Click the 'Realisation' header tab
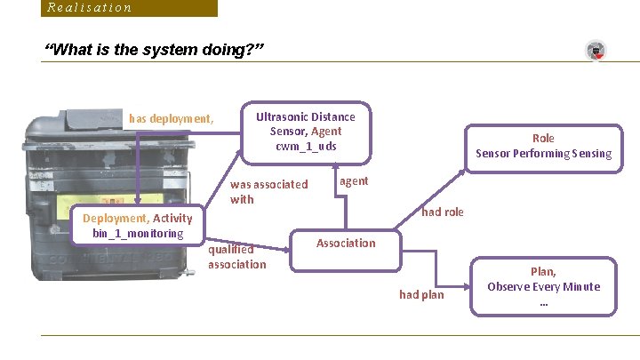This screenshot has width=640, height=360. pyautogui.click(x=90, y=8)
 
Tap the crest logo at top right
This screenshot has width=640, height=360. pyautogui.click(x=596, y=51)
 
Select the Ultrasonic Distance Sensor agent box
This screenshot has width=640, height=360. pyautogui.click(x=305, y=132)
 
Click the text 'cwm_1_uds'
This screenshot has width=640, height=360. pyautogui.click(x=305, y=146)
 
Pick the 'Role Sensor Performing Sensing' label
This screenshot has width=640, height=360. pyautogui.click(x=543, y=146)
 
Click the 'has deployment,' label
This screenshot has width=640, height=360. pyautogui.click(x=171, y=118)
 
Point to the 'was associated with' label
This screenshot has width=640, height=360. pyautogui.click(x=268, y=192)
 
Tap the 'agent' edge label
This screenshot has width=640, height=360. pyautogui.click(x=354, y=180)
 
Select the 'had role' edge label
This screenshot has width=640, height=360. pyautogui.click(x=442, y=212)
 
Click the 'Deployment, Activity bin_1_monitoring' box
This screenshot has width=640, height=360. pyautogui.click(x=138, y=226)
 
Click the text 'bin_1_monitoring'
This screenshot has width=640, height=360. pyautogui.click(x=138, y=234)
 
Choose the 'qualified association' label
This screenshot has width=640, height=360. pyautogui.click(x=236, y=257)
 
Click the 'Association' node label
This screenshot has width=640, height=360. pyautogui.click(x=346, y=243)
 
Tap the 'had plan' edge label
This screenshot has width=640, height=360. pyautogui.click(x=421, y=294)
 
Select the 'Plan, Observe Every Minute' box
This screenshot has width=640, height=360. pyautogui.click(x=543, y=286)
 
